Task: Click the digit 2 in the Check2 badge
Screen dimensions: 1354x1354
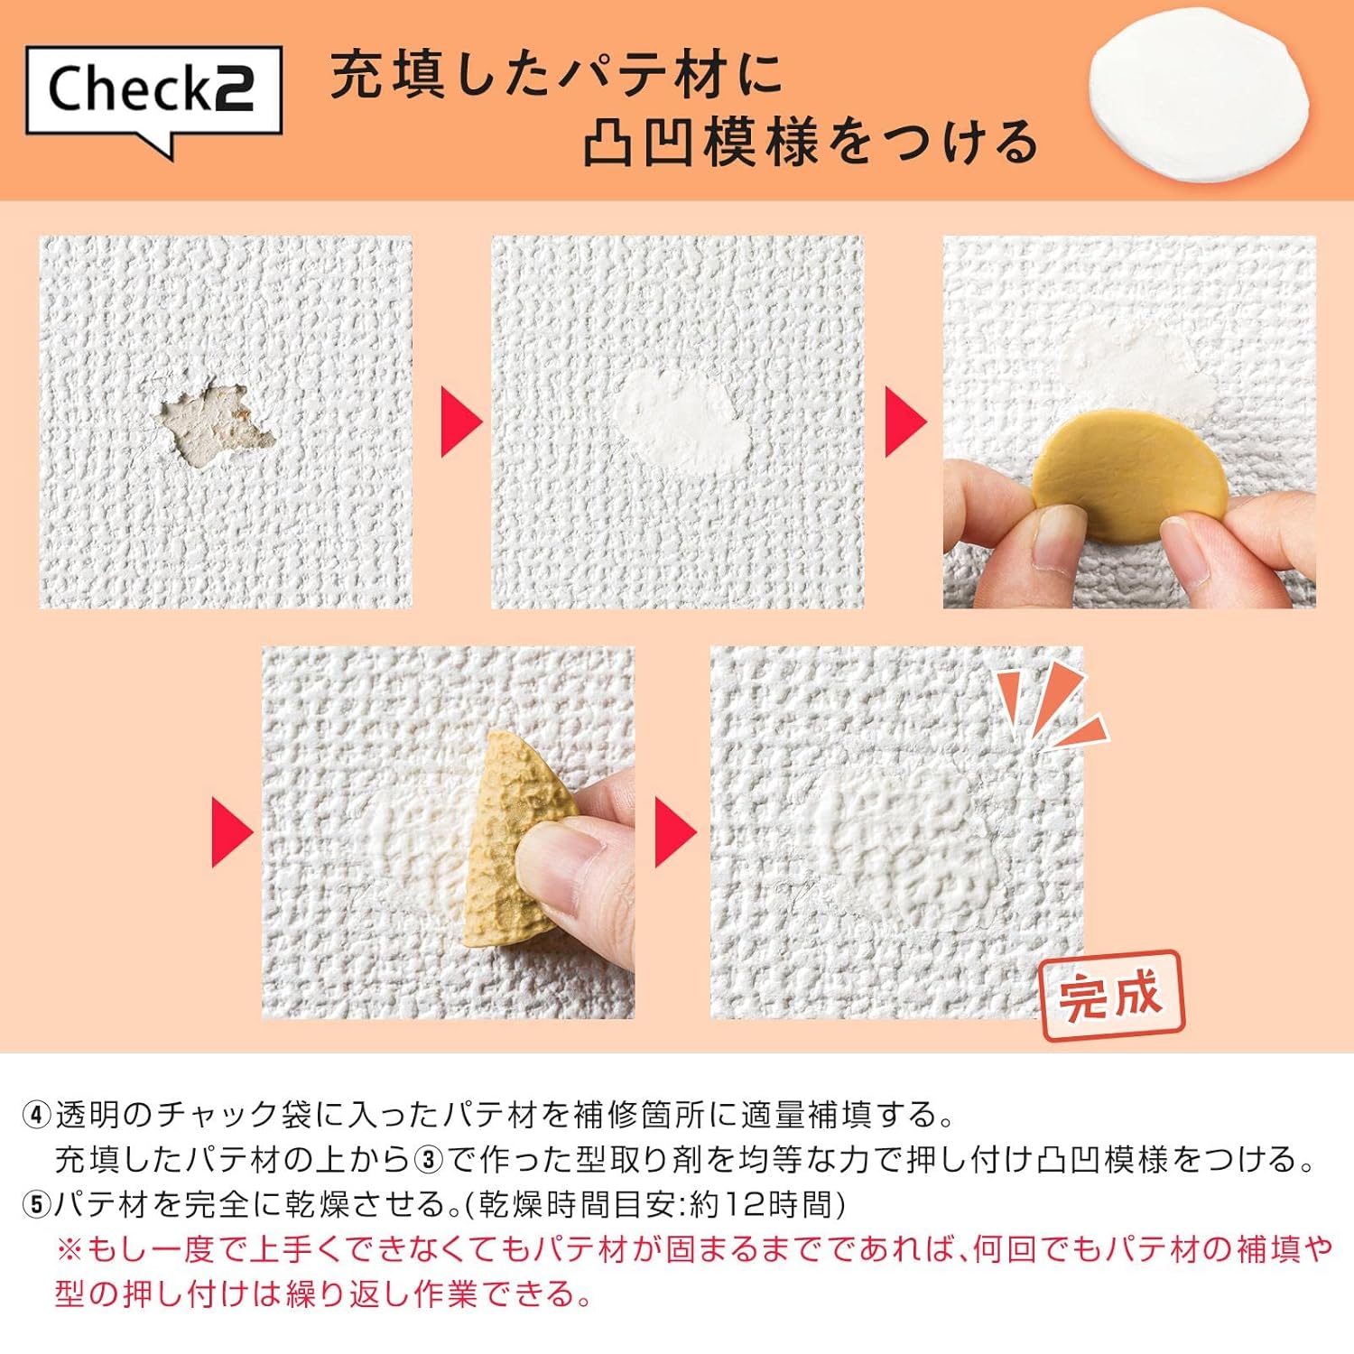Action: (x=233, y=89)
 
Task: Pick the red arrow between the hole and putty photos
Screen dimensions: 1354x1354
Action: (x=460, y=422)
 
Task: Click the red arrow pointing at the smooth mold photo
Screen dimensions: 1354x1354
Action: (x=905, y=422)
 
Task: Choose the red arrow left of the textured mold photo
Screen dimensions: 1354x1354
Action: (x=232, y=831)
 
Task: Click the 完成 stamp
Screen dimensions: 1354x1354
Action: (x=1110, y=996)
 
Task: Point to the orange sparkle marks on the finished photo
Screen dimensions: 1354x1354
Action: (x=1052, y=709)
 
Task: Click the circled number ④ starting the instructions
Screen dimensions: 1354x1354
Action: (x=36, y=1116)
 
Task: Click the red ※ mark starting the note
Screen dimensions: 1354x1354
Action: (x=70, y=1250)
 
